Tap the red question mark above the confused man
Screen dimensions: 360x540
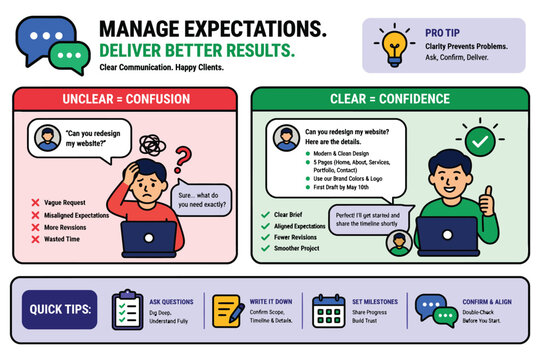click(183, 159)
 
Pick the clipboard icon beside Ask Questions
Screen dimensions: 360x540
click(126, 309)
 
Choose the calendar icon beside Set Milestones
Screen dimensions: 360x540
click(327, 309)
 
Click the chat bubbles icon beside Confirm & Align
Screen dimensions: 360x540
click(429, 309)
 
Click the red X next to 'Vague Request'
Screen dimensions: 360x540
click(35, 202)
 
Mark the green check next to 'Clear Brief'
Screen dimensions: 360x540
click(265, 214)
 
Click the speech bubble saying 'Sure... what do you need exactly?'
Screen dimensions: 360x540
click(202, 199)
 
